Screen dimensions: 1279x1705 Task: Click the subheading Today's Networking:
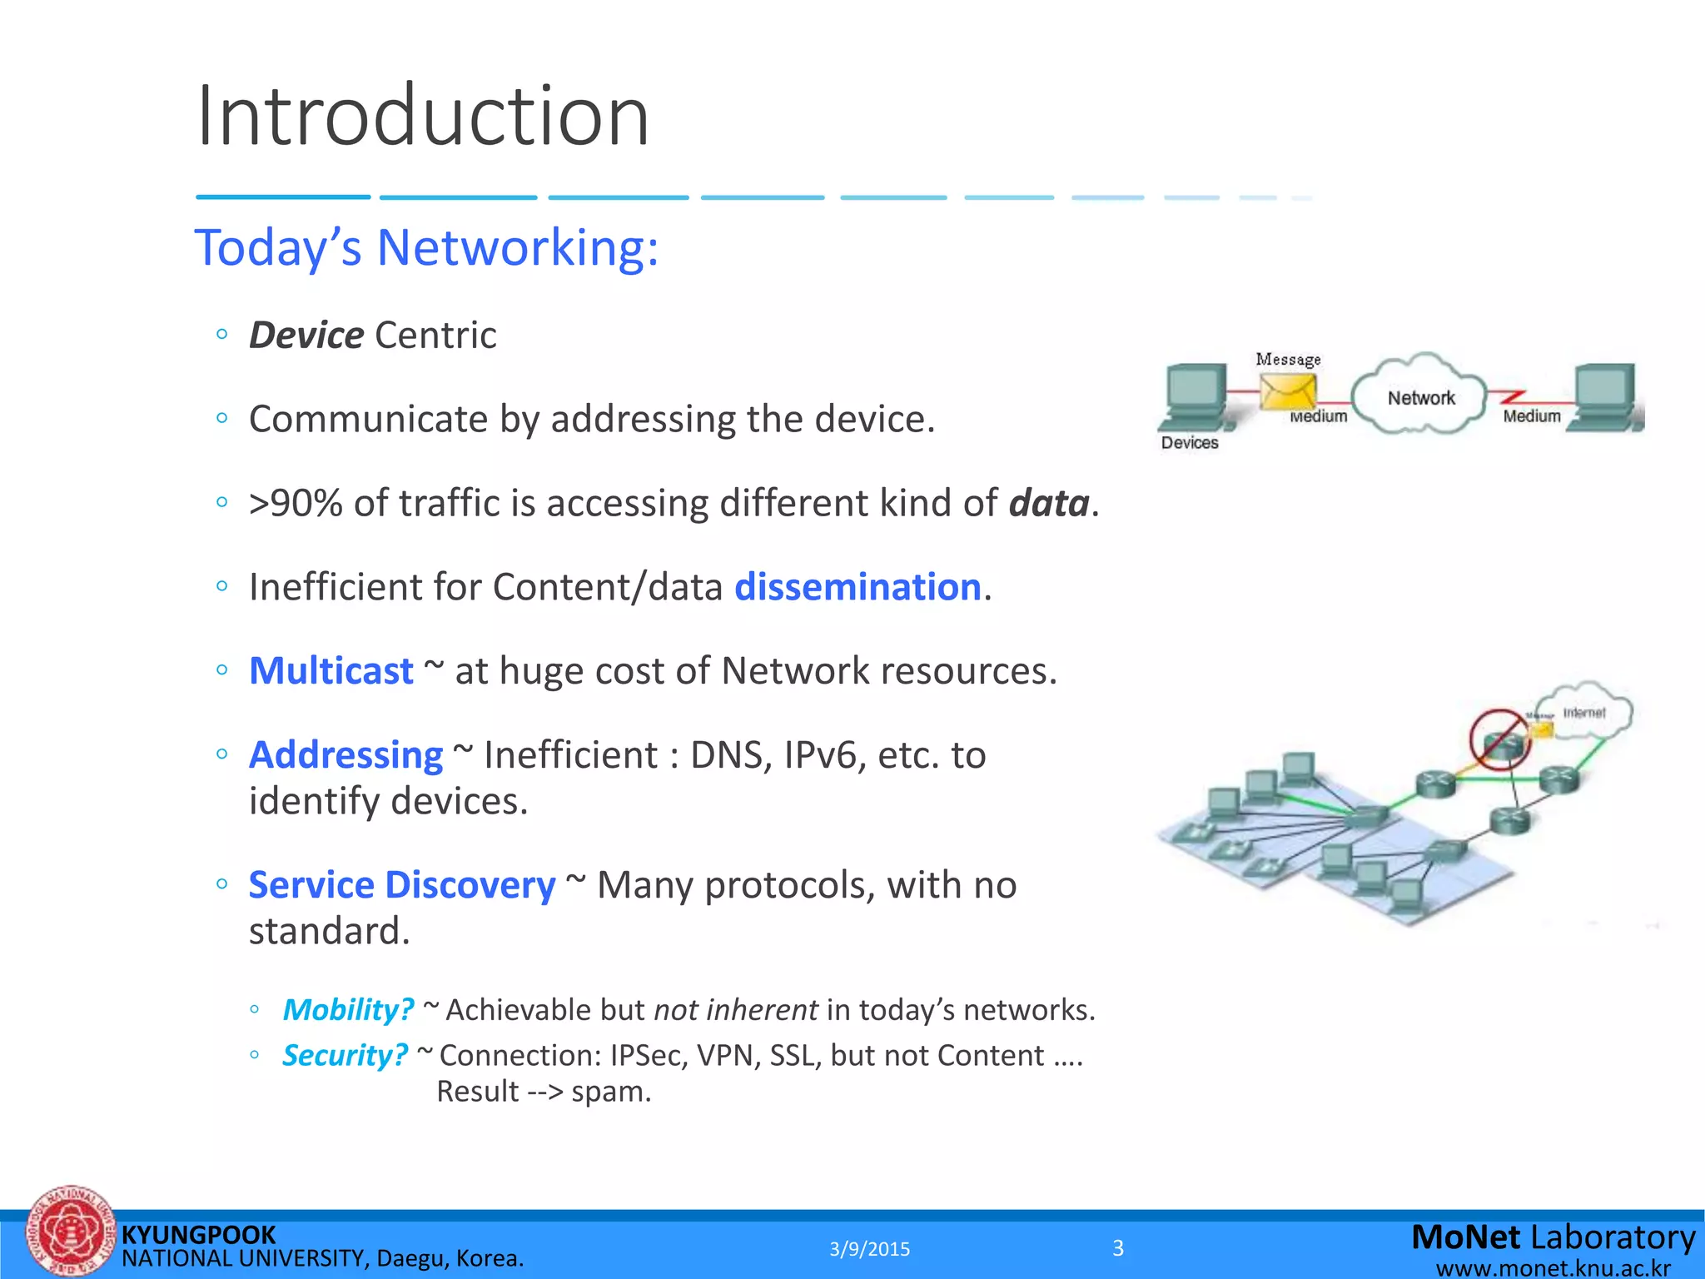426,248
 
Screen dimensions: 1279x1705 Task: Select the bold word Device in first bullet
306,336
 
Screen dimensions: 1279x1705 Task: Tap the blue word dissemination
857,587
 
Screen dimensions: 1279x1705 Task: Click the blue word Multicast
331,671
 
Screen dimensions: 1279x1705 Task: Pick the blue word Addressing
345,755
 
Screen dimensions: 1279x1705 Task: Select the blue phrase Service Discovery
401,885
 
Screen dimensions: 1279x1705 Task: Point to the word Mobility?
347,1010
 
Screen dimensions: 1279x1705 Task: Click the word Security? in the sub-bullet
345,1056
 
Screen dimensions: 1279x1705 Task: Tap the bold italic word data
1048,504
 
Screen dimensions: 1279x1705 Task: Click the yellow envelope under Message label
1287,391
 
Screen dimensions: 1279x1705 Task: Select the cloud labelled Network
1420,396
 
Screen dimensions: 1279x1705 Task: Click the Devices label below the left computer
1189,443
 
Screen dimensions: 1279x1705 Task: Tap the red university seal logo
70,1232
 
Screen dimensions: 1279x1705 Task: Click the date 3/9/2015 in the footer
869,1249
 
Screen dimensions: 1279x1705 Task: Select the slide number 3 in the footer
1118,1248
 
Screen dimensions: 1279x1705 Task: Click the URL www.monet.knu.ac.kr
1553,1268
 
